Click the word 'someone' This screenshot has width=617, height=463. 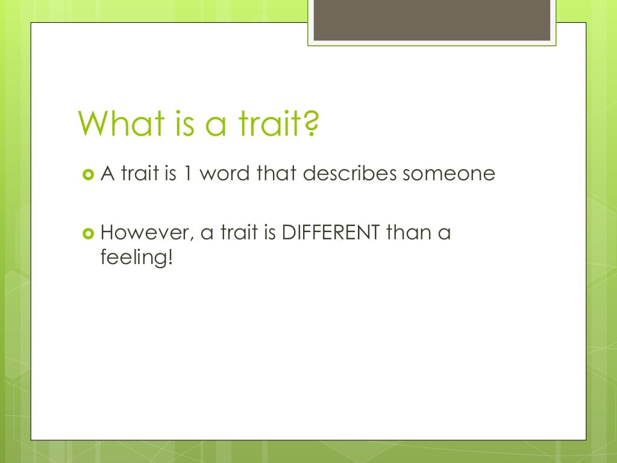click(x=449, y=174)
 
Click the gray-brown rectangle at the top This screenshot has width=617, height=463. click(x=432, y=20)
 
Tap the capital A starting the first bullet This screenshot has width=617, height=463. click(x=107, y=174)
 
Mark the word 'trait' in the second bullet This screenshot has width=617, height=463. click(x=239, y=233)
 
